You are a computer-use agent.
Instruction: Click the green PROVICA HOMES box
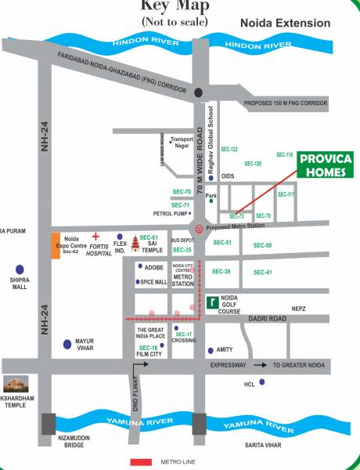[328, 165]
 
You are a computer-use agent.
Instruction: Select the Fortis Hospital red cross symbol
[95, 235]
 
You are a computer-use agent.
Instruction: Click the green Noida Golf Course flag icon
[212, 300]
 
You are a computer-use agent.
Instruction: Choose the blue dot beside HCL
[262, 381]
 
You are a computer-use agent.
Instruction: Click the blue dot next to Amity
[210, 350]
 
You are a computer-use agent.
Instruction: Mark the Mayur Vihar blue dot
[67, 342]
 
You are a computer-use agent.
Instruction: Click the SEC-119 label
[284, 155]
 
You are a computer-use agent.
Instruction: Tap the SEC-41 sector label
[263, 272]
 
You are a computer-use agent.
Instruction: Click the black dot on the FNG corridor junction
[200, 92]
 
